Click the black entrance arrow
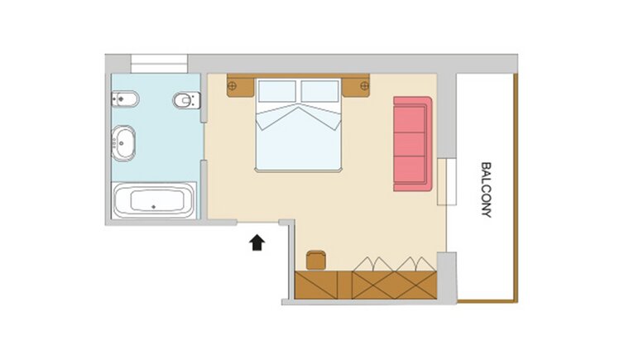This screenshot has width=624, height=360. (257, 242)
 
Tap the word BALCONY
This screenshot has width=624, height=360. (486, 190)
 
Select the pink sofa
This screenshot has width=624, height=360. (413, 144)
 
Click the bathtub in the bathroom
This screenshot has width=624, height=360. (154, 200)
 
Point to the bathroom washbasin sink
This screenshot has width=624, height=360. (123, 143)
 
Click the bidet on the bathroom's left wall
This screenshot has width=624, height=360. (125, 99)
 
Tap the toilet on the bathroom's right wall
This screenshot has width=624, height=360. (186, 100)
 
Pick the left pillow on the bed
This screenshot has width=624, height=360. (277, 92)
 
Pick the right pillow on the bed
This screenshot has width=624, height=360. (319, 92)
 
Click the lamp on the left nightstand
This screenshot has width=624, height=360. (233, 85)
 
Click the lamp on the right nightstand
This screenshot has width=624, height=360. (364, 85)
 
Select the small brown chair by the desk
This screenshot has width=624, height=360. (316, 260)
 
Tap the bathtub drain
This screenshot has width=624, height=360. (154, 207)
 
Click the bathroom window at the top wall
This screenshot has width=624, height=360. (159, 64)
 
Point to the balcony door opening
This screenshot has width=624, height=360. (447, 181)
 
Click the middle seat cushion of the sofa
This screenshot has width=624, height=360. (409, 144)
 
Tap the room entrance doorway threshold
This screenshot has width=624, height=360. (258, 222)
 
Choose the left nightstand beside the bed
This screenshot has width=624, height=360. (240, 86)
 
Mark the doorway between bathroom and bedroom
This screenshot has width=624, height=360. (204, 142)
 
